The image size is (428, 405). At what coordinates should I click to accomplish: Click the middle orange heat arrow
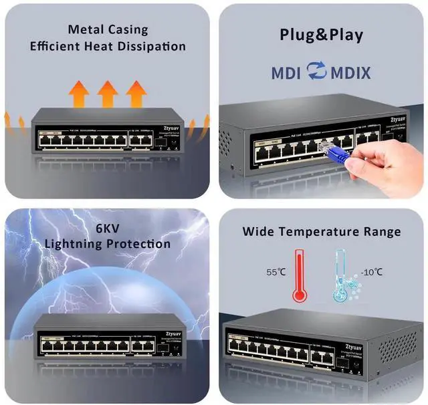point(108,93)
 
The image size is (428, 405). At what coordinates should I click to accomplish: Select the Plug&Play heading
point(322,35)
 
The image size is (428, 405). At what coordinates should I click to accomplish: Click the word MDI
point(286,72)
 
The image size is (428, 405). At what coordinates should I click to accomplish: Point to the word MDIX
point(350,72)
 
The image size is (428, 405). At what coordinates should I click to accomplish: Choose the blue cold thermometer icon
point(341,281)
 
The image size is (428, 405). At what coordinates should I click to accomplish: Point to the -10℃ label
point(371,272)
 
